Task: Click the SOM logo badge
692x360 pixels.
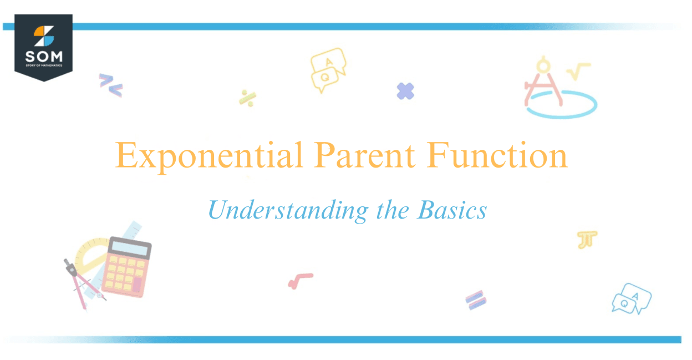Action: [43, 47]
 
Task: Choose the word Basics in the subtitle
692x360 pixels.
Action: [452, 211]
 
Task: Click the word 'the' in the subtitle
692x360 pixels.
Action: [391, 211]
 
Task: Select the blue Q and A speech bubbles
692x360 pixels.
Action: [632, 298]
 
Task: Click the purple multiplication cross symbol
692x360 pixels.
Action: [405, 91]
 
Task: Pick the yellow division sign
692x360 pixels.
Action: [247, 98]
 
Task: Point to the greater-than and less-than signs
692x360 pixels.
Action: [110, 84]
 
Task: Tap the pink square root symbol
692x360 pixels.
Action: [300, 281]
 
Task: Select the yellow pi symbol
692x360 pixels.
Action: [587, 240]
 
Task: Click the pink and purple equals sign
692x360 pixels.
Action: [475, 300]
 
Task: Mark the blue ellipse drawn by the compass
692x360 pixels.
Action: [561, 105]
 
